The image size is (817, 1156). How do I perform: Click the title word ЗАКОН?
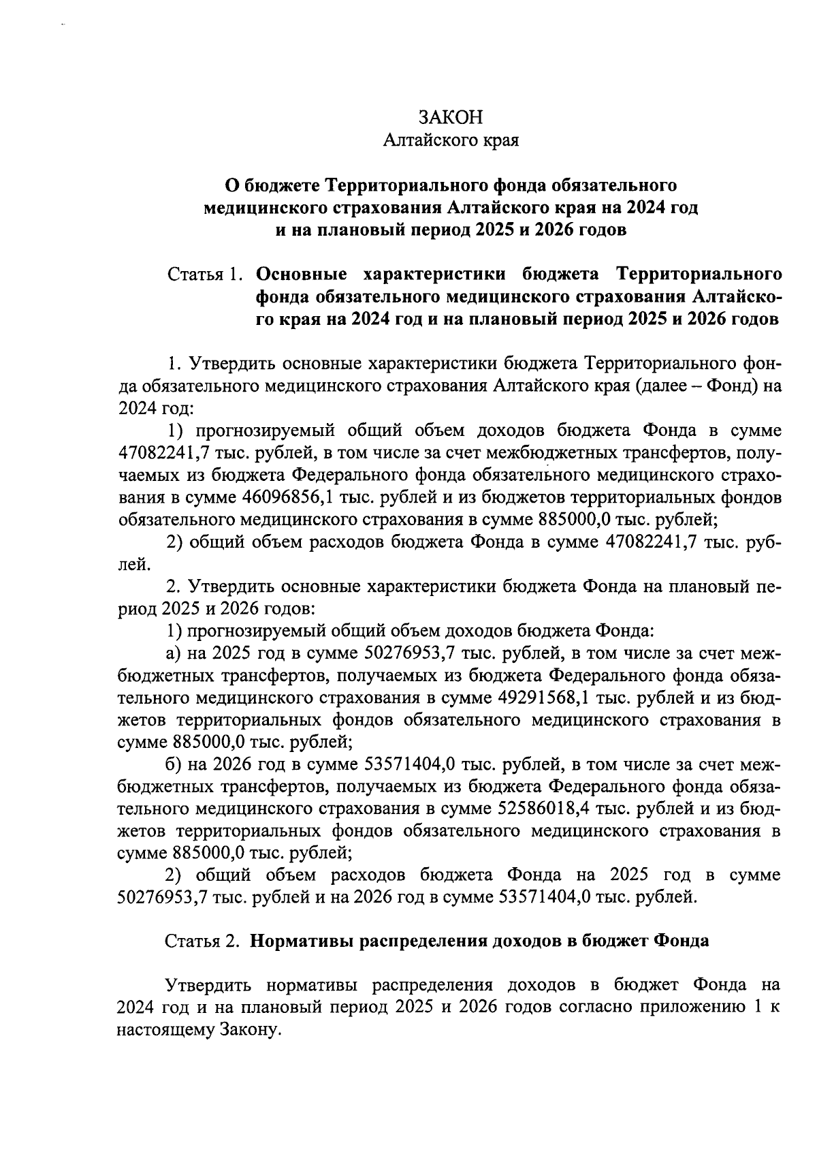coord(451,117)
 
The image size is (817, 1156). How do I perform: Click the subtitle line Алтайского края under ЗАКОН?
coord(451,140)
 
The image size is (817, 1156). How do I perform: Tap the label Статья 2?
coord(203,941)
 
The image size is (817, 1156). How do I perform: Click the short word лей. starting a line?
coord(130,565)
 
